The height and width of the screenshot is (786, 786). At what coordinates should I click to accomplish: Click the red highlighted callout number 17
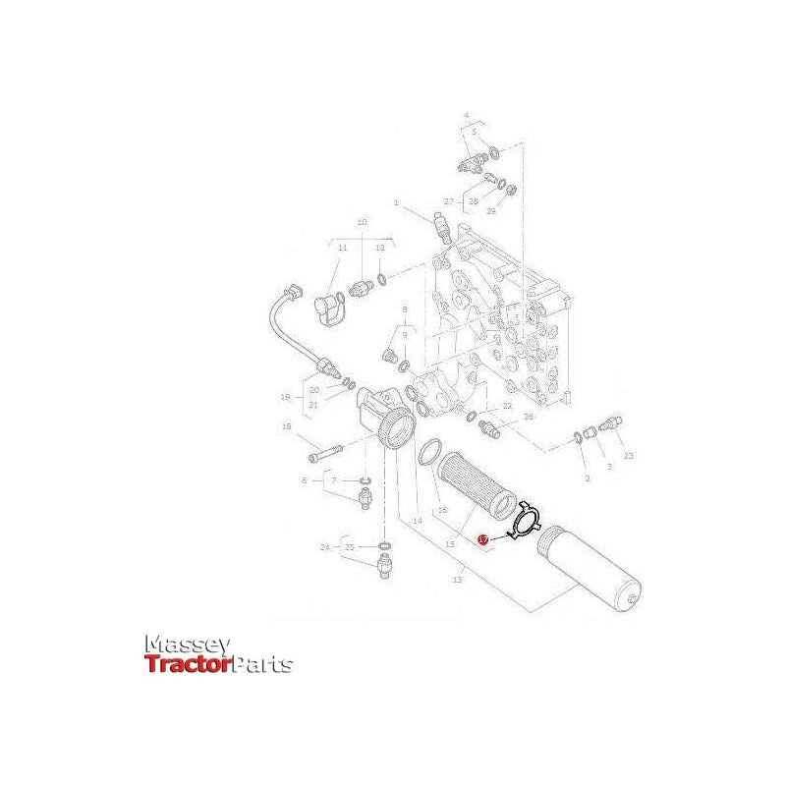point(481,539)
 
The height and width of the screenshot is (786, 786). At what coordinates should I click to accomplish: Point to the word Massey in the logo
point(188,645)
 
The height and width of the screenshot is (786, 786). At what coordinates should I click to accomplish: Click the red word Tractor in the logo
point(188,665)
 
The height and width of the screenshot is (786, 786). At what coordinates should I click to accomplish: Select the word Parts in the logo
point(261,665)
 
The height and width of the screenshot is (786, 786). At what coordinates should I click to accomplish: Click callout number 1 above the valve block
point(397,203)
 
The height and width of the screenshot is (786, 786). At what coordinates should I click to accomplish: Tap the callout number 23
point(629,455)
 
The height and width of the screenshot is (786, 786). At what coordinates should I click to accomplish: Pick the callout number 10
point(362,223)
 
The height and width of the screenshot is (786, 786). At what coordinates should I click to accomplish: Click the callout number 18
point(286,426)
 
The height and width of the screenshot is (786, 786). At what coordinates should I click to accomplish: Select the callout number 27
point(449,201)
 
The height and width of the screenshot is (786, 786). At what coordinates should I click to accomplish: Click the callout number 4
point(466,115)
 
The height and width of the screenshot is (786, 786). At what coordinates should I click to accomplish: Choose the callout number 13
point(457,581)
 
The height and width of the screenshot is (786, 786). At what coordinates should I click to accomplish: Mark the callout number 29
point(490,210)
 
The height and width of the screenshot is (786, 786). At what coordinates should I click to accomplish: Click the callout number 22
point(508,405)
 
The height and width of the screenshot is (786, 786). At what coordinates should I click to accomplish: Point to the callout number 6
point(305,479)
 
